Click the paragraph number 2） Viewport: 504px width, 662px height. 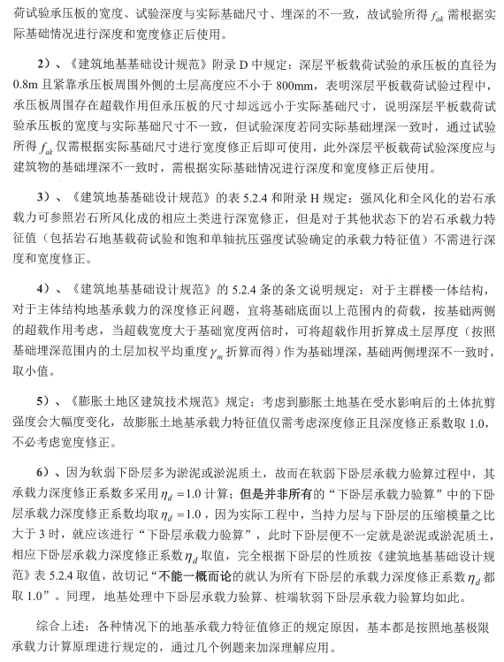point(47,66)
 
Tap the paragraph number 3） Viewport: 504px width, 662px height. point(47,195)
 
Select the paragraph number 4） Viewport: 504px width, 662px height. point(47,290)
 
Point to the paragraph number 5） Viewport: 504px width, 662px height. point(47,402)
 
